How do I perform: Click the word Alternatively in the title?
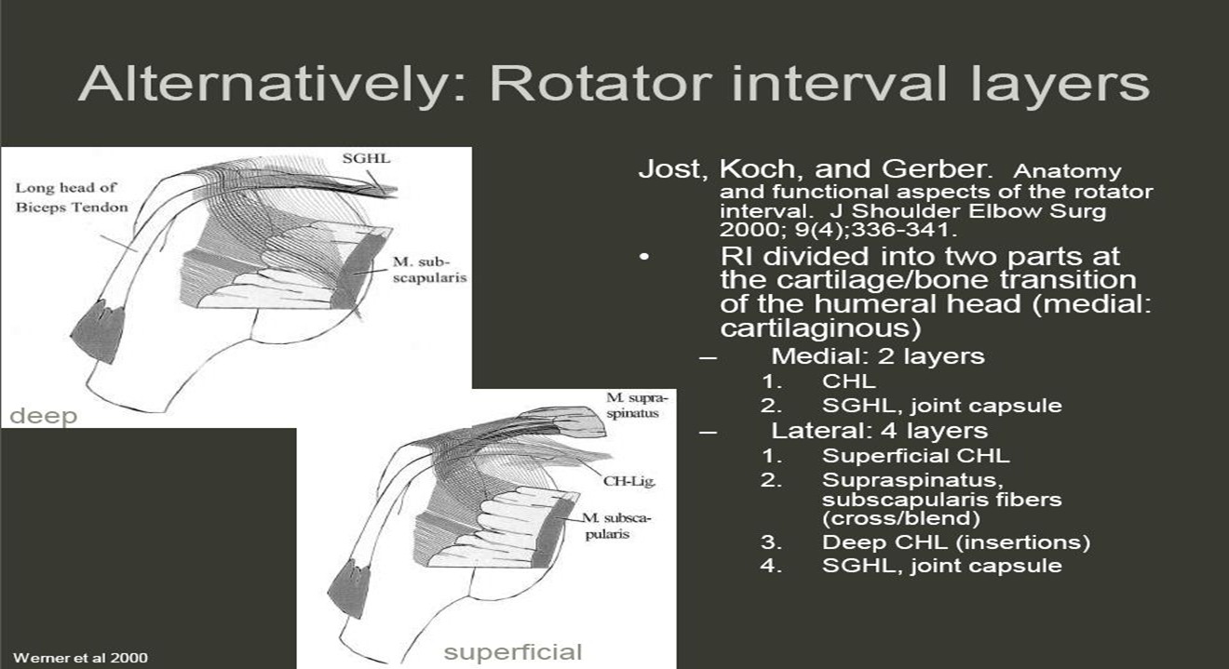pyautogui.click(x=272, y=85)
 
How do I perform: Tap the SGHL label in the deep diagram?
pyautogui.click(x=366, y=158)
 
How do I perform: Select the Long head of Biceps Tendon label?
pyautogui.click(x=72, y=197)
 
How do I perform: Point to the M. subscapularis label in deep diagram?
pyautogui.click(x=429, y=270)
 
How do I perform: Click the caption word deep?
pyautogui.click(x=44, y=416)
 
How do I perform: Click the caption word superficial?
pyautogui.click(x=512, y=652)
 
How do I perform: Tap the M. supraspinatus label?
pyautogui.click(x=637, y=405)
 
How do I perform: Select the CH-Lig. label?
pyautogui.click(x=628, y=481)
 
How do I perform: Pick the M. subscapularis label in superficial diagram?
pyautogui.click(x=616, y=526)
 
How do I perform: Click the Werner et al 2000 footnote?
pyautogui.click(x=80, y=658)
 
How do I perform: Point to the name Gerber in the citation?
pyautogui.click(x=937, y=169)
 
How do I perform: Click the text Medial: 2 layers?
pyautogui.click(x=878, y=355)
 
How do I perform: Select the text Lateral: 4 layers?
pyautogui.click(x=880, y=431)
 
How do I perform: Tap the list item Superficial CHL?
pyautogui.click(x=916, y=456)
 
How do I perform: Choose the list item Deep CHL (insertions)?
pyautogui.click(x=956, y=542)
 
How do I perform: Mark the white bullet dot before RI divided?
pyautogui.click(x=644, y=257)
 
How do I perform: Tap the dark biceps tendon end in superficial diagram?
pyautogui.click(x=349, y=588)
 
